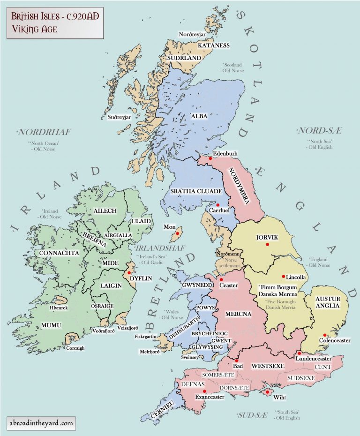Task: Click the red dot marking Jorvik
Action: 267,245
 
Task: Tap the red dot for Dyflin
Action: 129,272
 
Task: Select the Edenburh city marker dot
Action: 210,158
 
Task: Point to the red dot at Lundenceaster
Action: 299,353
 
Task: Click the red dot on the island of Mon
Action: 178,233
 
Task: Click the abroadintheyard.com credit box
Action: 41,423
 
